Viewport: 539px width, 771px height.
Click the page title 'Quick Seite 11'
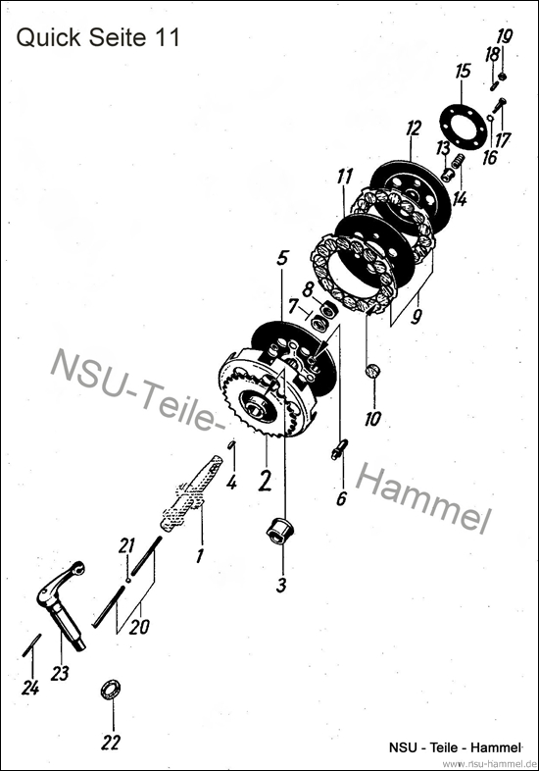pos(97,38)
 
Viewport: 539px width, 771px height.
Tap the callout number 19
pos(504,37)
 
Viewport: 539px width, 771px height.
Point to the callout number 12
pos(413,128)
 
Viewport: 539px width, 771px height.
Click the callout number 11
pos(344,177)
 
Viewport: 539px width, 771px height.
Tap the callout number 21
pos(125,545)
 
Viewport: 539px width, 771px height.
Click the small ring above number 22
pos(112,690)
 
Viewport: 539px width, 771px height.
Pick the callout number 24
pos(30,688)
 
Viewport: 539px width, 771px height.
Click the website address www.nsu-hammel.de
pos(483,762)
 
